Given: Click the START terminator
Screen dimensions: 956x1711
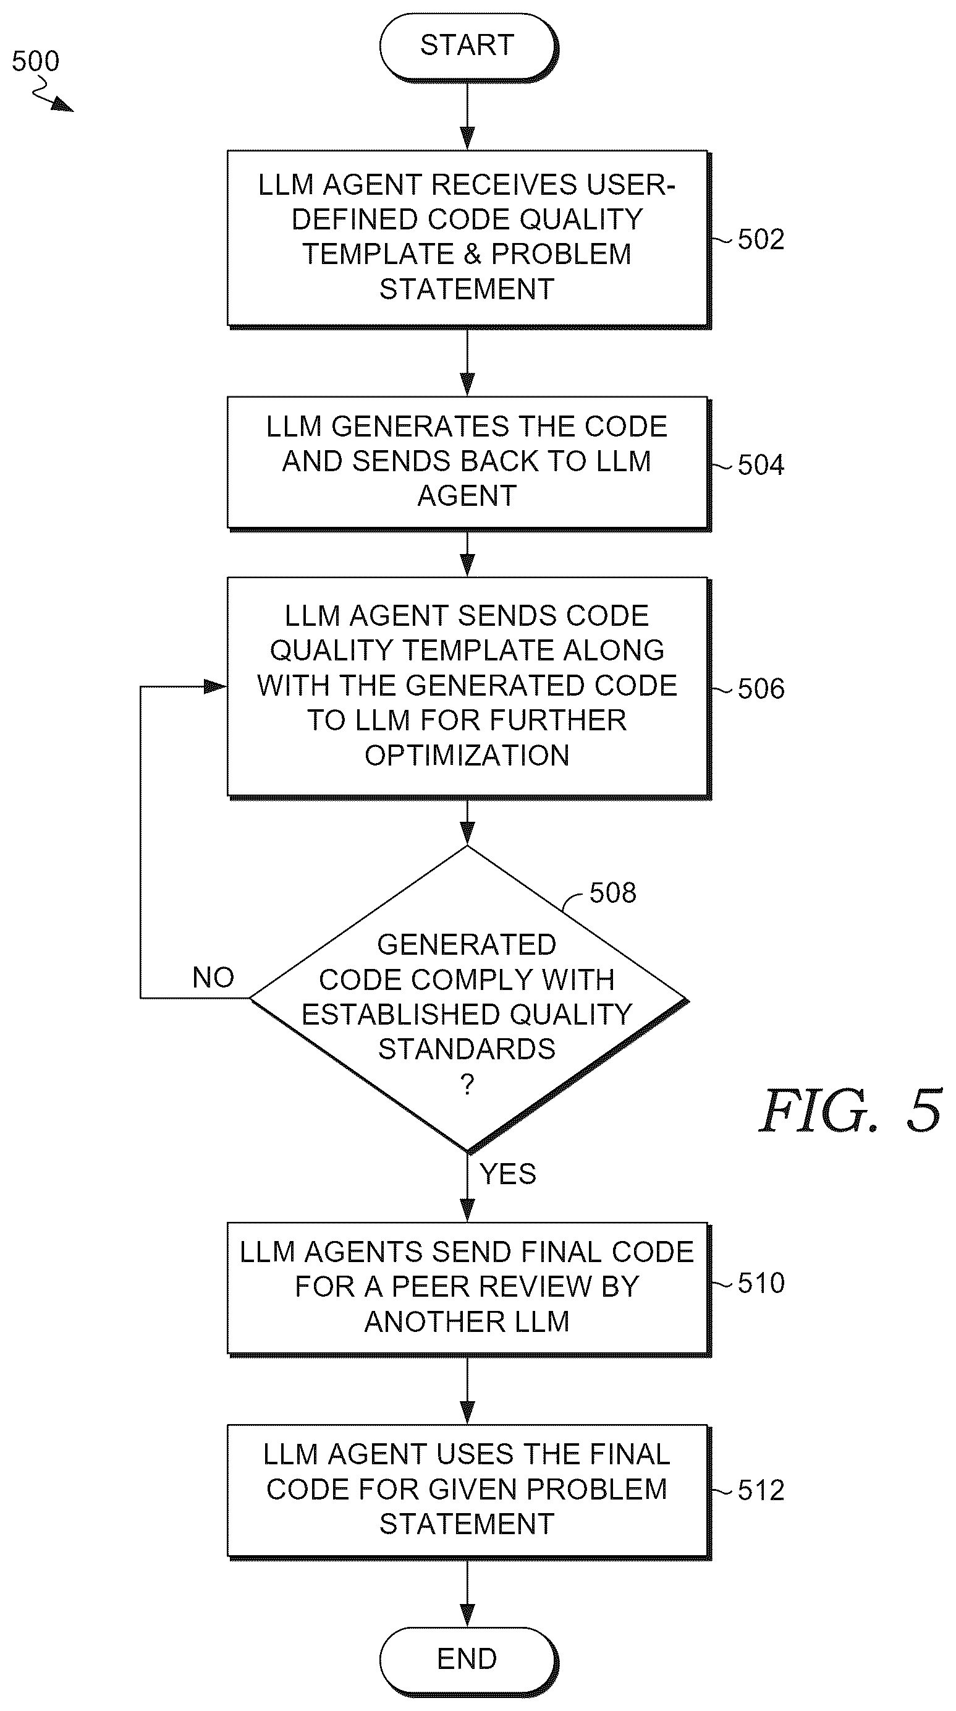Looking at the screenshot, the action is (x=467, y=46).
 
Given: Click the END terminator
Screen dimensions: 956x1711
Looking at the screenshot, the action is (x=467, y=1658).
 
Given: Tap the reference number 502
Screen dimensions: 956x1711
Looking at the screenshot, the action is (x=761, y=240).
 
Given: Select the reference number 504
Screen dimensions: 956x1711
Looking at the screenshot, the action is (x=761, y=465).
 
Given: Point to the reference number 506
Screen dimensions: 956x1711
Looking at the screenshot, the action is (x=761, y=689).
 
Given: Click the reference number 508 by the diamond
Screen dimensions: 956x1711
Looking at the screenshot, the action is (x=613, y=894).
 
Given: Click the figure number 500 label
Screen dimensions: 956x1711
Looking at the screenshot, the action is (x=36, y=62).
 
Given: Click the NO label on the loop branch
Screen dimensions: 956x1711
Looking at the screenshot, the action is (x=213, y=978).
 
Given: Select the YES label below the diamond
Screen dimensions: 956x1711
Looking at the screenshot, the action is (x=508, y=1174).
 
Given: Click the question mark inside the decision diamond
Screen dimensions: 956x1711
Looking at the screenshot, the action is (x=467, y=1085).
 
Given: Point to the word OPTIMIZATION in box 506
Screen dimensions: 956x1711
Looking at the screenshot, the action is (x=467, y=756).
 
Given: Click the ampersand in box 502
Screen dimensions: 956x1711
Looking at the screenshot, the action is (x=472, y=254).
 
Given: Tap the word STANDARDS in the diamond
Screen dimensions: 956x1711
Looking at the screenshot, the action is (x=467, y=1049).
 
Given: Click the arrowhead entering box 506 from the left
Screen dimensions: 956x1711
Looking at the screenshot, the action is (x=216, y=686).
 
